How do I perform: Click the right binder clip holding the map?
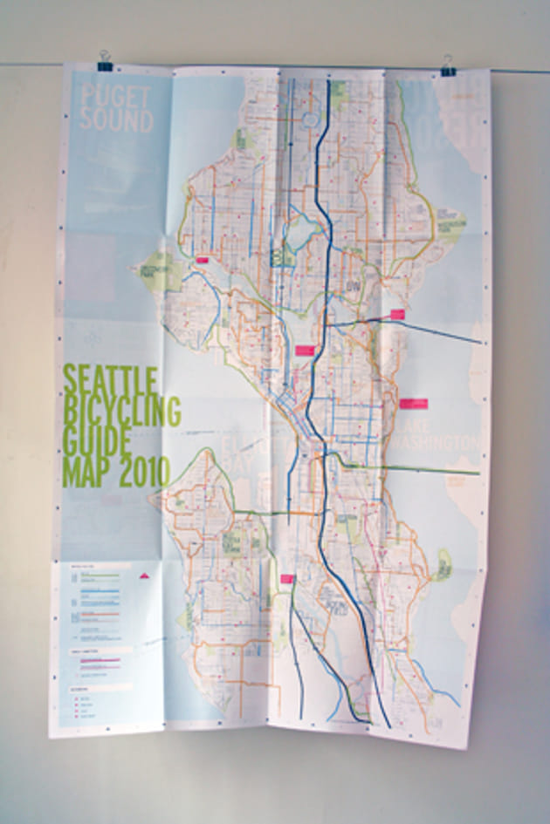pos(449,65)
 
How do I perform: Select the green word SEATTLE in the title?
pos(110,381)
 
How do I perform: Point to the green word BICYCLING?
pos(121,410)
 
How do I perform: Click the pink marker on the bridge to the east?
pos(397,314)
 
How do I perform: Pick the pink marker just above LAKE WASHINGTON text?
pos(414,403)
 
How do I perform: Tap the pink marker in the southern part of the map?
pos(285,577)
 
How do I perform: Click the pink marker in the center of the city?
pos(304,350)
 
